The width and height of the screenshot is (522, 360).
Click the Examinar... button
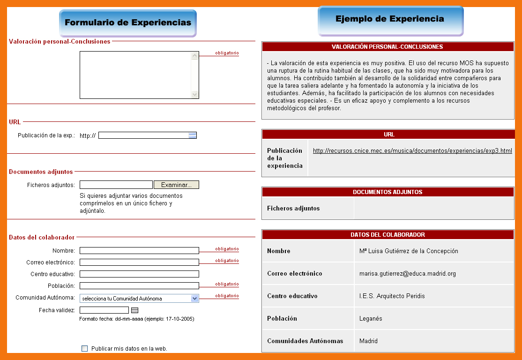coord(176,185)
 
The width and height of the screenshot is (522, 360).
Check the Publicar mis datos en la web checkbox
coord(85,348)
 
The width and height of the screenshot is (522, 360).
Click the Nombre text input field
coord(139,251)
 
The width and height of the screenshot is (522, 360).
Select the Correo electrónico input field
coord(139,262)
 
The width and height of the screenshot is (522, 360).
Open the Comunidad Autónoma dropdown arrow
coord(195,298)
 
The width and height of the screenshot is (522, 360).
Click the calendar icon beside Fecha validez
coord(135,310)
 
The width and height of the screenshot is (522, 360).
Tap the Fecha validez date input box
coord(104,310)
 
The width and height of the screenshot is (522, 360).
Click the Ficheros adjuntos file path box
coord(116,185)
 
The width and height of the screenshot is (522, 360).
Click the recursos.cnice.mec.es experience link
coord(412,151)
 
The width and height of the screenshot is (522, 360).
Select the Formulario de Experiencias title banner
coord(128,22)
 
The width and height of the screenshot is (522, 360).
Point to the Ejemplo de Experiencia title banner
coord(390,19)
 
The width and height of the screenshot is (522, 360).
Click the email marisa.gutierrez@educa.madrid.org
coord(408,273)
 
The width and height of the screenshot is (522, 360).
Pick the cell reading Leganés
coord(371,318)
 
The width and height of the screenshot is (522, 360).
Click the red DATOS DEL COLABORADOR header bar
coord(388,234)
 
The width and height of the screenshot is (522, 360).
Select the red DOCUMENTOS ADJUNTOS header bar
coord(388,192)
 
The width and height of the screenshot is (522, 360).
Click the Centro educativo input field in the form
coord(139,274)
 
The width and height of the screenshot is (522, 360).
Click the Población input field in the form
coord(139,286)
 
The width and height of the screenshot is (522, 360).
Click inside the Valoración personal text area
coord(135,75)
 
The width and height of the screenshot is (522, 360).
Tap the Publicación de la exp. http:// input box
coord(143,135)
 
